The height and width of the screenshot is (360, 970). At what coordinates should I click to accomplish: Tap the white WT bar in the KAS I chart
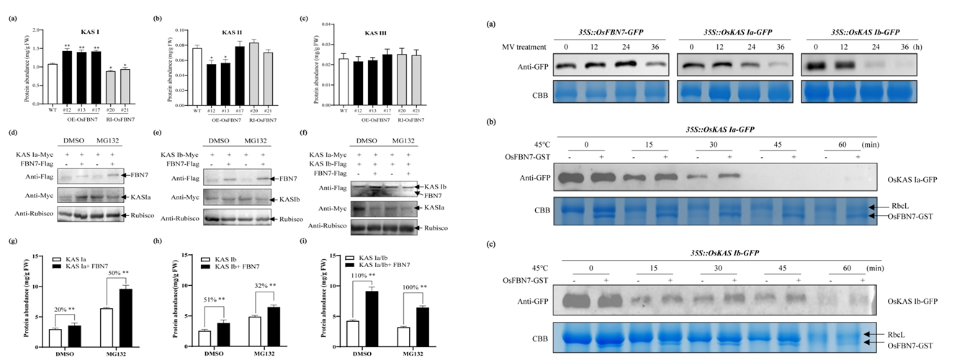(51, 84)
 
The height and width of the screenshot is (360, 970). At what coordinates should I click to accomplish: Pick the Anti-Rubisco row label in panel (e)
(181, 217)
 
